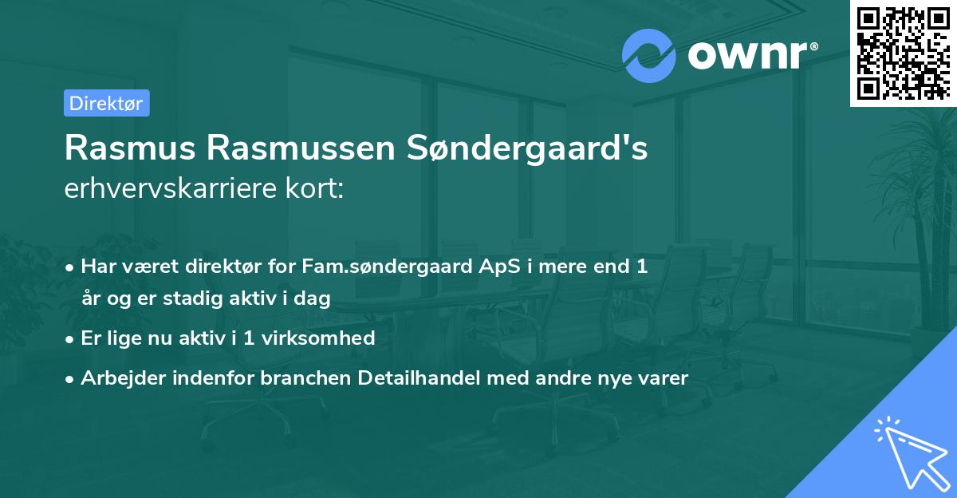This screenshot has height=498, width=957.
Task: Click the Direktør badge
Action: point(106,103)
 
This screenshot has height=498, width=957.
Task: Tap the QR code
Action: point(903,53)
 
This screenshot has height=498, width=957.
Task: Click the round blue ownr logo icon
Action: point(648,56)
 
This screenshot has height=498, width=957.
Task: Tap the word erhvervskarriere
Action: point(172,189)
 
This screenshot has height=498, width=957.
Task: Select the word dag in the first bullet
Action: point(312,298)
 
